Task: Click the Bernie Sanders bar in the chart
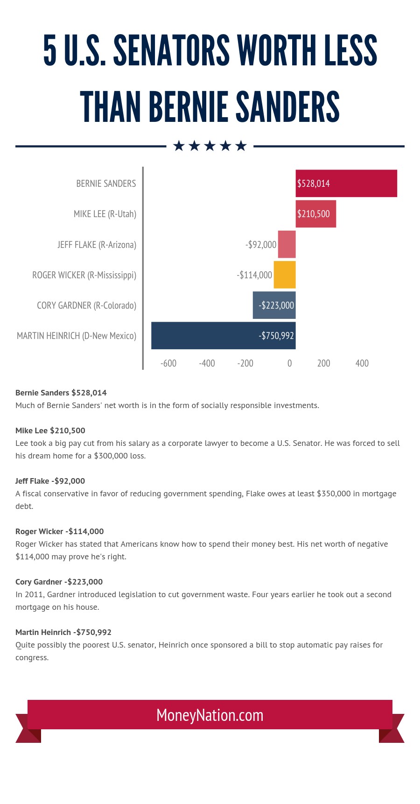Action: click(x=346, y=183)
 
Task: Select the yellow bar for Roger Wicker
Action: click(x=285, y=275)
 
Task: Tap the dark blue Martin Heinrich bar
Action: click(x=224, y=335)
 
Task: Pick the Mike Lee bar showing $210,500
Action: click(x=316, y=214)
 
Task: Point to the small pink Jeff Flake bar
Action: click(x=287, y=244)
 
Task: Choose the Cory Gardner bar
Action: click(x=274, y=305)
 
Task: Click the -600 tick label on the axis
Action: click(x=168, y=363)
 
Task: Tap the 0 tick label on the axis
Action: click(x=290, y=363)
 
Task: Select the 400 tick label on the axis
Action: click(x=362, y=363)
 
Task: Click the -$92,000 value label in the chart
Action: click(x=261, y=245)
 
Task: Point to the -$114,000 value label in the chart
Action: click(x=254, y=275)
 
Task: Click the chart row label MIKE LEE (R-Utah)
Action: click(x=105, y=214)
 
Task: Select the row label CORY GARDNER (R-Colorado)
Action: click(x=87, y=305)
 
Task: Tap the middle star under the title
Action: click(x=210, y=146)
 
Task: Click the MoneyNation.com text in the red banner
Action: click(x=210, y=715)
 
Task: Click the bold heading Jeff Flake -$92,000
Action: click(x=50, y=481)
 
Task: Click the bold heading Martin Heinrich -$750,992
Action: click(x=63, y=632)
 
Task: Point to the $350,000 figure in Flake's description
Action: click(x=334, y=494)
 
